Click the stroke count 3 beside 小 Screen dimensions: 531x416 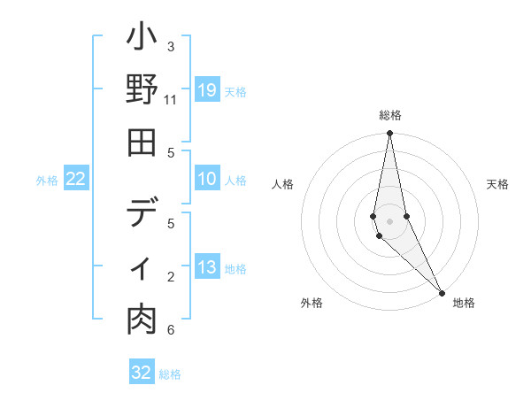(x=171, y=46)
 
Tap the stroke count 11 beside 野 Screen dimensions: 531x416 (x=171, y=99)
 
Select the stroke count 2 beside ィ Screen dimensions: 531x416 (x=171, y=277)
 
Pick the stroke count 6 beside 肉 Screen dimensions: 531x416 (x=171, y=330)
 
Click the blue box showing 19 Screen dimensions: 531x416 (x=206, y=89)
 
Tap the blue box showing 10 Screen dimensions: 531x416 (x=206, y=179)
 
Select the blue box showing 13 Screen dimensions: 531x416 (x=206, y=267)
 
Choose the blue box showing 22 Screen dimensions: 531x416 (x=76, y=179)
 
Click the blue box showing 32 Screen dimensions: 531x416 (x=142, y=373)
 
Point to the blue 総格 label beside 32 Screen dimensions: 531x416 (x=170, y=374)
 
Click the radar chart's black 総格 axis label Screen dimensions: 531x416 (x=389, y=115)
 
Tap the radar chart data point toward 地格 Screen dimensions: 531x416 (x=442, y=291)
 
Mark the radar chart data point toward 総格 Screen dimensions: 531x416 (x=389, y=134)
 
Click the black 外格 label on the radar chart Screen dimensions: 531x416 (x=311, y=303)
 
